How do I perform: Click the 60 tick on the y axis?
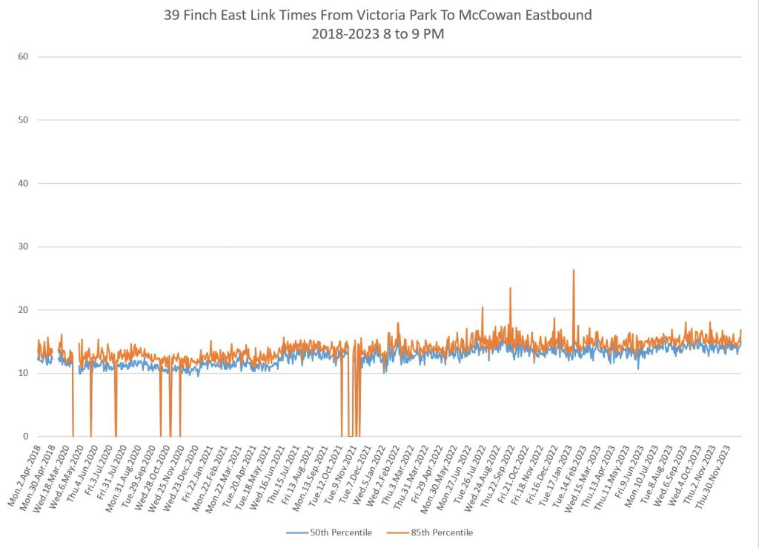[x=23, y=56]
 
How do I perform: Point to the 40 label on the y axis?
[x=23, y=183]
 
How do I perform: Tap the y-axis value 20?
[x=23, y=310]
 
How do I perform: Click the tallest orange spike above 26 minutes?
[x=573, y=271]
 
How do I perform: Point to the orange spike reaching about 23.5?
[x=510, y=288]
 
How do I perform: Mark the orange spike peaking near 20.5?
[x=483, y=308]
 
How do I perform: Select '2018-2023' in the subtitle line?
[x=342, y=33]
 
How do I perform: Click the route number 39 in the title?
[x=173, y=15]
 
